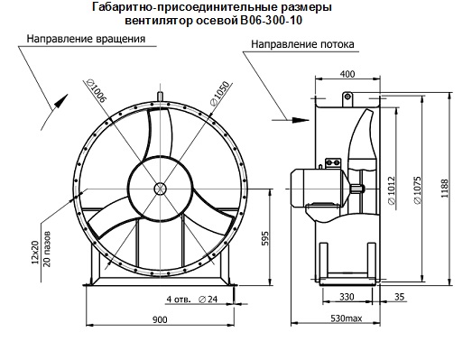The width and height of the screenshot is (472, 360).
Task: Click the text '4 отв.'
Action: point(178,299)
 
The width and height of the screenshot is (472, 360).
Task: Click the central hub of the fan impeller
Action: point(160,189)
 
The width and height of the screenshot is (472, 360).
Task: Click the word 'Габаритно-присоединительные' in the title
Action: point(165,8)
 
